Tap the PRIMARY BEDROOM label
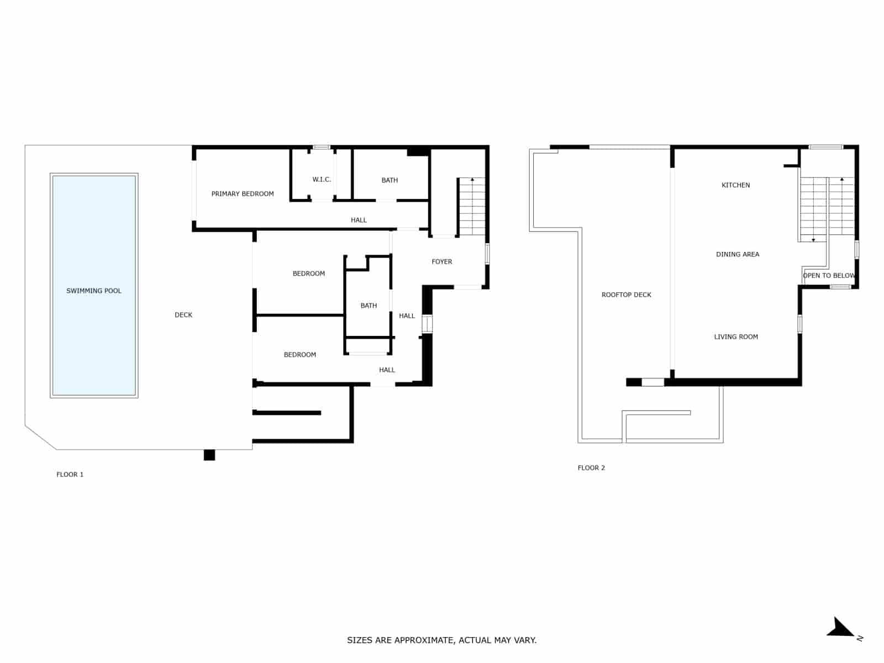coord(243,194)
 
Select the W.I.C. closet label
coord(322,180)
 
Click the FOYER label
coord(442,262)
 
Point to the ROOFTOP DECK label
coord(627,295)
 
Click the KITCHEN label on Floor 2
coord(736,186)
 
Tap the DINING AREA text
coord(738,255)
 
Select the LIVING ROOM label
coord(736,337)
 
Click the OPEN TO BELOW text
coord(829,276)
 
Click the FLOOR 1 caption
coord(70,475)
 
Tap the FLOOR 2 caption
coord(591,468)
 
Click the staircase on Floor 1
coord(472,207)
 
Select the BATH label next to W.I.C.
coord(390,180)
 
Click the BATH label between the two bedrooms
coord(369,306)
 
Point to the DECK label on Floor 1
coord(183,315)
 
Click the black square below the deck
coord(209,455)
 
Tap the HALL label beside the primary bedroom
coord(359,220)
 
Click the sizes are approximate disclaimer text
coord(441,640)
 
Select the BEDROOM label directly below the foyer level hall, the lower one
coord(300,355)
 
